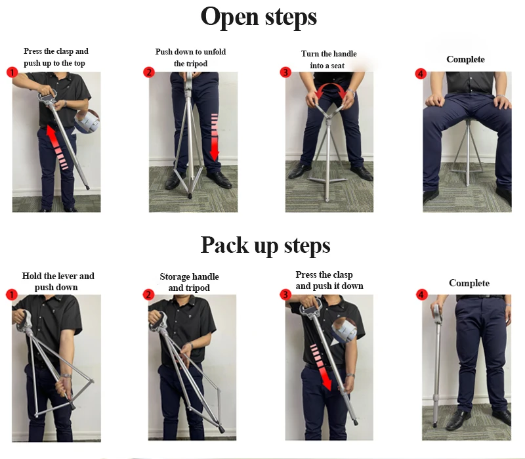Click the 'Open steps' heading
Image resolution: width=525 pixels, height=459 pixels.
[x=259, y=17]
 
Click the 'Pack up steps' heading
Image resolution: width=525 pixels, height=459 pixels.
[x=265, y=245]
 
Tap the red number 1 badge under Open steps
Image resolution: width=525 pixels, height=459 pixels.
[x=12, y=72]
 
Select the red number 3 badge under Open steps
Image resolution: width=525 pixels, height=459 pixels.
[x=285, y=72]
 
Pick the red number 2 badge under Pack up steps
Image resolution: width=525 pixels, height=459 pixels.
[x=149, y=295]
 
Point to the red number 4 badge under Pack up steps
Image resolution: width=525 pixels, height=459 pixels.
[x=421, y=295]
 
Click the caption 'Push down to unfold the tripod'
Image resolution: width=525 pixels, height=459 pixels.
[x=190, y=58]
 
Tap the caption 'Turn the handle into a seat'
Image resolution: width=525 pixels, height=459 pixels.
[x=329, y=60]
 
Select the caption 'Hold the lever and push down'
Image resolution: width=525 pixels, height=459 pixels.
[x=58, y=282]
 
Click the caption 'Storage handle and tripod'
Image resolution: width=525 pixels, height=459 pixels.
[x=189, y=282]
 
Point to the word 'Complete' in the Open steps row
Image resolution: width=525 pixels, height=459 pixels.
[x=465, y=59]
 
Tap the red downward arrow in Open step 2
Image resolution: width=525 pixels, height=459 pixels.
[x=215, y=137]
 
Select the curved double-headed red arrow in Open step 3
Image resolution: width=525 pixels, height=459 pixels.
[x=331, y=87]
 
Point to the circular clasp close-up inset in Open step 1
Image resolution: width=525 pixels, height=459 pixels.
[x=87, y=122]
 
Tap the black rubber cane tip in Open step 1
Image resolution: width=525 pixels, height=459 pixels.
[x=87, y=187]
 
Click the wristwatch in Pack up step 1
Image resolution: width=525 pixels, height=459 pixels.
[x=66, y=376]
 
